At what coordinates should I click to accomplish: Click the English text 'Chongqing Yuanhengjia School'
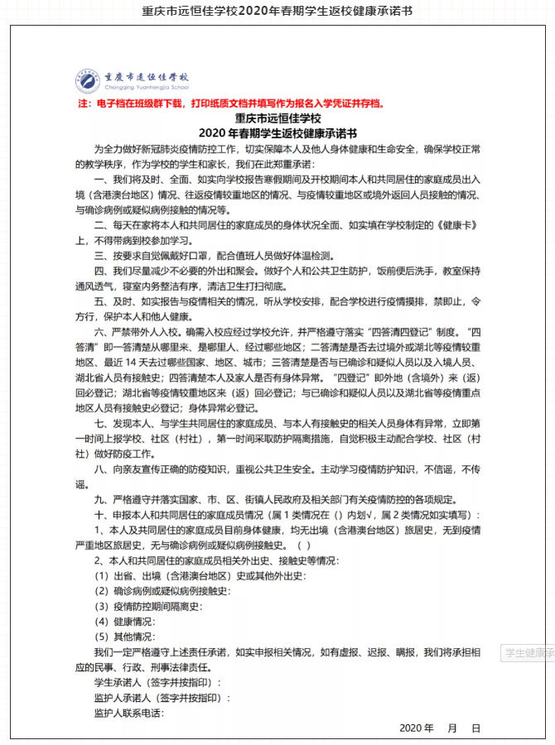pos(146,87)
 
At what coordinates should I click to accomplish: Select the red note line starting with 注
pos(230,104)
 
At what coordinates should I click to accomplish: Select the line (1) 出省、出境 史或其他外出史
pos(199,575)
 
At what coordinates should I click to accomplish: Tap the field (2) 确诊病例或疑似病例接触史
pos(162,591)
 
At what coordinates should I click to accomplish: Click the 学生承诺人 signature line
pos(157,683)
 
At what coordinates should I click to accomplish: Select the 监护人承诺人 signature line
pos(162,698)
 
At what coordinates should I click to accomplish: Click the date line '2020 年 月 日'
pos(439,728)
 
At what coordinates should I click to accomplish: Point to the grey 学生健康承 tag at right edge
pos(528,653)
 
